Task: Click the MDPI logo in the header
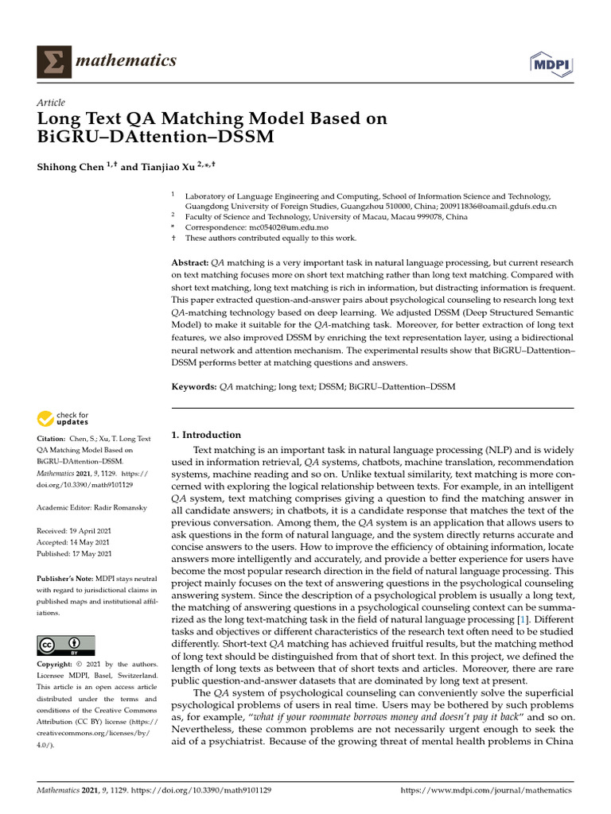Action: click(551, 64)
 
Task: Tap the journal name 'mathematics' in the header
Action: click(126, 61)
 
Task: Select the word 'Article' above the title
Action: click(51, 103)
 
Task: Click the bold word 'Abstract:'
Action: click(190, 262)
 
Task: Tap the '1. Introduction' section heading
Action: click(206, 435)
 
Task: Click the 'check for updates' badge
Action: click(63, 418)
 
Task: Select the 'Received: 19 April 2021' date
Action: click(74, 530)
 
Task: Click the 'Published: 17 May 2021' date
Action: click(74, 553)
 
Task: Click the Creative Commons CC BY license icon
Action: click(66, 645)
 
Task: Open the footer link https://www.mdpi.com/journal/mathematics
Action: click(486, 791)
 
